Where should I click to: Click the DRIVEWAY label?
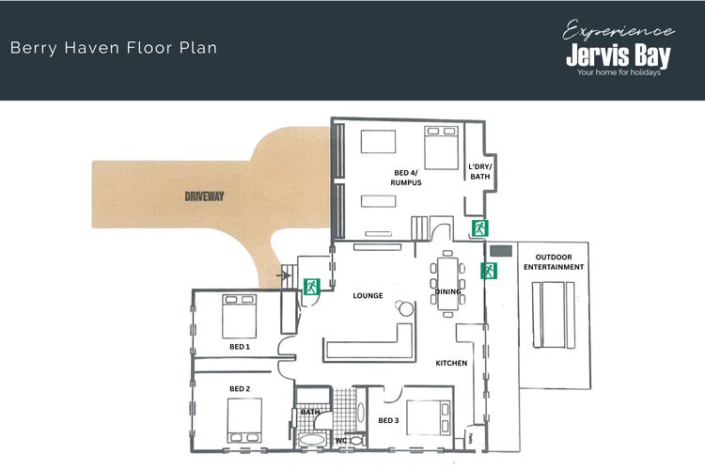(x=204, y=196)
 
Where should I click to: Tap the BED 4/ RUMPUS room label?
(x=406, y=178)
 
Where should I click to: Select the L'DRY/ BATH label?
(x=480, y=171)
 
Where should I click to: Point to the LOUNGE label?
(x=368, y=295)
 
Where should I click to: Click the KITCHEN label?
(x=451, y=363)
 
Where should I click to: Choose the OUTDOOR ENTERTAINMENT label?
(x=554, y=261)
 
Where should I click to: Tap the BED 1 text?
(x=240, y=347)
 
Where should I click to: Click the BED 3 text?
(x=388, y=420)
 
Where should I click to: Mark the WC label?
(x=341, y=440)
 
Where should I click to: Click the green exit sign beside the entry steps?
(x=311, y=287)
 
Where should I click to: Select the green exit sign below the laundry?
(x=479, y=228)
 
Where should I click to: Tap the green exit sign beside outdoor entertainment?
(x=489, y=271)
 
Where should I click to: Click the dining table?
(x=447, y=283)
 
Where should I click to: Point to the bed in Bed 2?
(x=244, y=420)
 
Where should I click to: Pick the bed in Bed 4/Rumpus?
(x=442, y=148)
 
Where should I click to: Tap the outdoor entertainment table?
(x=554, y=315)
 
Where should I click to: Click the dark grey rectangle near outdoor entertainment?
(x=501, y=251)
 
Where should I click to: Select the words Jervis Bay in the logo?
(x=619, y=55)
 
